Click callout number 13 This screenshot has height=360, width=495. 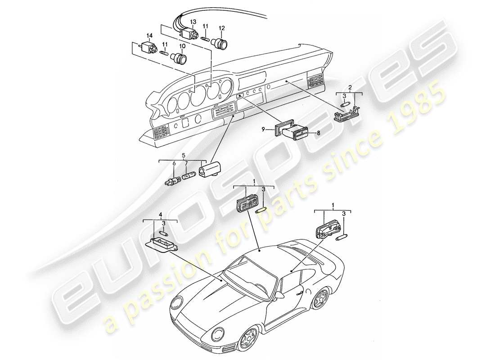tap(193, 22)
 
